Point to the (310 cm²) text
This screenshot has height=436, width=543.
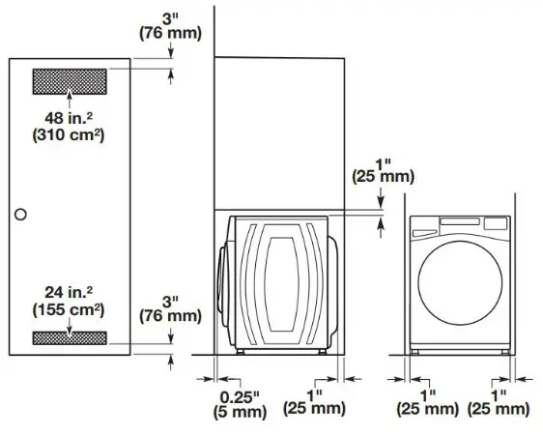click(68, 136)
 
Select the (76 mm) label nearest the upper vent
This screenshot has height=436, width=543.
click(171, 35)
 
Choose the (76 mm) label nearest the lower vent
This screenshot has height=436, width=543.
click(171, 315)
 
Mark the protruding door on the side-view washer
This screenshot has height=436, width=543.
click(226, 284)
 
